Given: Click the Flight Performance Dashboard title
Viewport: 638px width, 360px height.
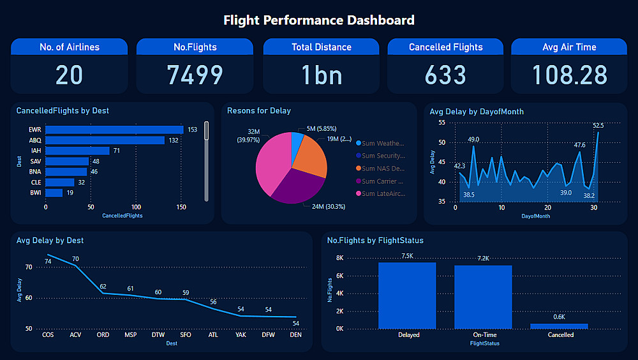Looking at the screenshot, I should [318, 20].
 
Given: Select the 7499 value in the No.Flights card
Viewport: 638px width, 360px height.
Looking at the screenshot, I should [195, 75].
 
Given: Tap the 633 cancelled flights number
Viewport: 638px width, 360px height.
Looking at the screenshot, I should [445, 75].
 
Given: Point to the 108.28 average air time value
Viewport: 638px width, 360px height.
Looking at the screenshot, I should [570, 75].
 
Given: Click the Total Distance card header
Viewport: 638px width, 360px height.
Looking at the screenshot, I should [322, 47].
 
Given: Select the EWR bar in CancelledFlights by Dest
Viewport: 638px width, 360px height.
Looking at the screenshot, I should [114, 130].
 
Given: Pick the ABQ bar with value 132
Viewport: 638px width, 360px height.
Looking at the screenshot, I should [105, 140].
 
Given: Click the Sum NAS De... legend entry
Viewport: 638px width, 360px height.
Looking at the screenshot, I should [383, 169].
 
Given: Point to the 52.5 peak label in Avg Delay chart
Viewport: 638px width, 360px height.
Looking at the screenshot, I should [598, 126].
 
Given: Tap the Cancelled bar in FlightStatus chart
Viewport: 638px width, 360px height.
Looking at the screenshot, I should [559, 326].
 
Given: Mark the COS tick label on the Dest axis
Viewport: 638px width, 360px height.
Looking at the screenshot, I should [48, 335].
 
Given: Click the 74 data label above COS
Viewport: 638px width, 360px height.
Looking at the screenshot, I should [48, 261].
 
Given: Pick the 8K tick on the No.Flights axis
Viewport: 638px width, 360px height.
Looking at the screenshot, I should [339, 258].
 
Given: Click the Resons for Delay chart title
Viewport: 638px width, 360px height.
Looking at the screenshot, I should [259, 111].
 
